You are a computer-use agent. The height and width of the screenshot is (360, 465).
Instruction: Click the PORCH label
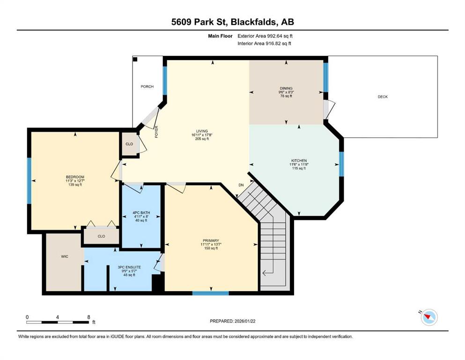click(x=147, y=87)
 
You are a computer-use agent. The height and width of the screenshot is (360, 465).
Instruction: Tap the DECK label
click(x=383, y=97)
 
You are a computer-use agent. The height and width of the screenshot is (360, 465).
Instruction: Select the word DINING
click(x=286, y=88)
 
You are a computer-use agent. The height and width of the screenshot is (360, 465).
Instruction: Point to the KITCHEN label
click(x=299, y=161)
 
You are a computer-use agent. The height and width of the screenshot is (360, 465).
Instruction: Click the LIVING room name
click(x=202, y=131)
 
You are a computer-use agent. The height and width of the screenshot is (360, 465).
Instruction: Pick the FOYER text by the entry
click(x=156, y=132)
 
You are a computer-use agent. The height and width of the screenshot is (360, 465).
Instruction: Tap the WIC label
click(x=65, y=256)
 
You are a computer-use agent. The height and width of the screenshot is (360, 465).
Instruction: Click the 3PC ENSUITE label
click(x=129, y=267)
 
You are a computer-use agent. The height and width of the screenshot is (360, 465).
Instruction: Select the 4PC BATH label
click(x=141, y=212)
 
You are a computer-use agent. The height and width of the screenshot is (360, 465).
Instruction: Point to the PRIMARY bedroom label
click(x=211, y=240)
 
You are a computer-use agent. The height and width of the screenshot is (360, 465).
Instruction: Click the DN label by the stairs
click(x=241, y=185)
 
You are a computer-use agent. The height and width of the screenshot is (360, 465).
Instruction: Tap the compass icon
click(x=429, y=317)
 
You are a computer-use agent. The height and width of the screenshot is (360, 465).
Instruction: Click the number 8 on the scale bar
click(x=89, y=317)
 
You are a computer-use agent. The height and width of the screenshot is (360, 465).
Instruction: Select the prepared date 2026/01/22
click(x=245, y=321)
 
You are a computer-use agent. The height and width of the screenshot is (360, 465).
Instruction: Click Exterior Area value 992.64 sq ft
click(x=280, y=36)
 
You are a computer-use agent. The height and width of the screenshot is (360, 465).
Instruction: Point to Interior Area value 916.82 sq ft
click(x=279, y=43)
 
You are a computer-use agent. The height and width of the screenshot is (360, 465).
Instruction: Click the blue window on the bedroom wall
click(x=29, y=181)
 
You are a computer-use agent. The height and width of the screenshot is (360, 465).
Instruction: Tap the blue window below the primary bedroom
click(x=211, y=293)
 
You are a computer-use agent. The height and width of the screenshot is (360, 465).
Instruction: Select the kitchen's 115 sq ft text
click(x=299, y=168)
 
